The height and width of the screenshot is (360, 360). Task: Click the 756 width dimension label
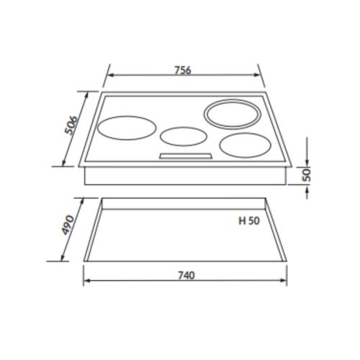(x=183, y=70)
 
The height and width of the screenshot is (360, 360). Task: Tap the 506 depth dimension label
(x=71, y=127)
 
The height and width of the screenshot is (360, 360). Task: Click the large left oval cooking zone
(x=127, y=130)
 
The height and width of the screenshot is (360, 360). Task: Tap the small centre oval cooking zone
(x=181, y=135)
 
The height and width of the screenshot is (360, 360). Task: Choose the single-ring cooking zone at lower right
(x=244, y=145)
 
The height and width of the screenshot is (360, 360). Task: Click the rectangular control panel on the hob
(x=185, y=156)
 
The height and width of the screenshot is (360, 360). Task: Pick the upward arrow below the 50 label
(x=307, y=186)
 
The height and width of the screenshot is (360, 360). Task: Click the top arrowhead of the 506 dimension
(x=93, y=94)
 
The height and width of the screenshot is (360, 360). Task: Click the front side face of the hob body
(x=185, y=176)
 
